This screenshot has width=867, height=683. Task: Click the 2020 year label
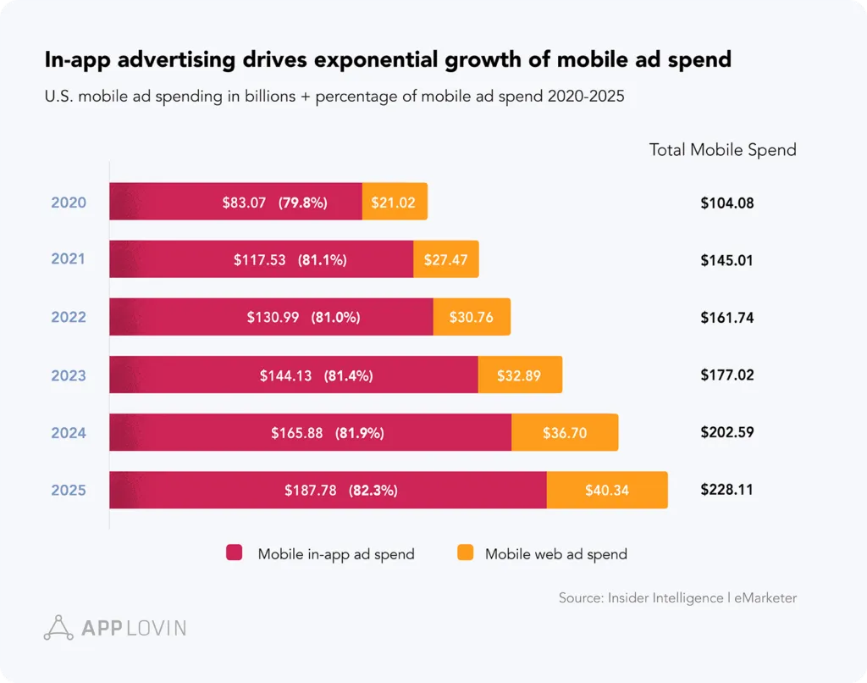point(68,203)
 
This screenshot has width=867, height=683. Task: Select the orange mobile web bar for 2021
point(445,259)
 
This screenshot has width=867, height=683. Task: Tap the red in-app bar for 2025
point(328,490)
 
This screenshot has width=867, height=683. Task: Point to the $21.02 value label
point(394,203)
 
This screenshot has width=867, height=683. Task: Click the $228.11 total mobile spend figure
point(726,490)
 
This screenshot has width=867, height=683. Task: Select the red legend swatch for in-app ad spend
point(235,553)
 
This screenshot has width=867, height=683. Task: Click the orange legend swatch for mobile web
point(465,553)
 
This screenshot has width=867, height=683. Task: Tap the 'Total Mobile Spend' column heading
point(722,150)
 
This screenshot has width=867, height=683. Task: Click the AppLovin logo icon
point(58,627)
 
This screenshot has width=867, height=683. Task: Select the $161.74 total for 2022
point(726,318)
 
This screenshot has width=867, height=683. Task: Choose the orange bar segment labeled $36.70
point(565,433)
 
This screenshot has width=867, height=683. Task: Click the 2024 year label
point(68,433)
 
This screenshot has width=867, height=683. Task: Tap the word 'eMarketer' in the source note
point(765,597)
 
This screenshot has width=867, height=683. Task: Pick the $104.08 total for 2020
point(726,203)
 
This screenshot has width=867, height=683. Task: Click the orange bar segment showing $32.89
point(520,375)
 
